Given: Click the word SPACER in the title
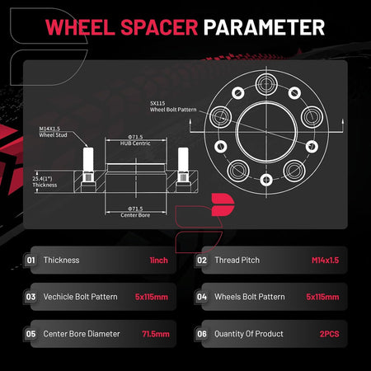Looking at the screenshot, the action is [159, 27].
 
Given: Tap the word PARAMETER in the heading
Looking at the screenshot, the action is [264, 27].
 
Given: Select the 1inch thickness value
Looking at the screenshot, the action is [158, 261].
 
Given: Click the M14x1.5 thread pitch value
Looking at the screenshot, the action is [325, 261].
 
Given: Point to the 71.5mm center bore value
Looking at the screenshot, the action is [156, 334].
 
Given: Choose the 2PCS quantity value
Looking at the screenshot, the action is [329, 334].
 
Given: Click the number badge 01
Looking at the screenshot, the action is [31, 260].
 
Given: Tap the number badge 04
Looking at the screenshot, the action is [202, 297].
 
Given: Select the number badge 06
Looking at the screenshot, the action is [202, 334].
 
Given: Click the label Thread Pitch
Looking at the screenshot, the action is [237, 260].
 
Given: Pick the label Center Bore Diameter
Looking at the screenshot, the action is [82, 334].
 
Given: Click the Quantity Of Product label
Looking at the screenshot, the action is [249, 334].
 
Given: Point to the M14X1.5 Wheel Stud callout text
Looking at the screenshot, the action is [53, 132].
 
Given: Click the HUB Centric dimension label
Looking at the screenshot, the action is [135, 140].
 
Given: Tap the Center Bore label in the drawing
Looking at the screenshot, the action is [135, 212].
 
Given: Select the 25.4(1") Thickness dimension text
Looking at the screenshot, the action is [45, 181].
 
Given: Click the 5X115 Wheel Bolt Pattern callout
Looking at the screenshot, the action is [173, 106].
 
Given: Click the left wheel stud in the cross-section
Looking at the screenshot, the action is [88, 165].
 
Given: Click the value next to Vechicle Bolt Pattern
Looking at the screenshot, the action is [152, 297].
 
